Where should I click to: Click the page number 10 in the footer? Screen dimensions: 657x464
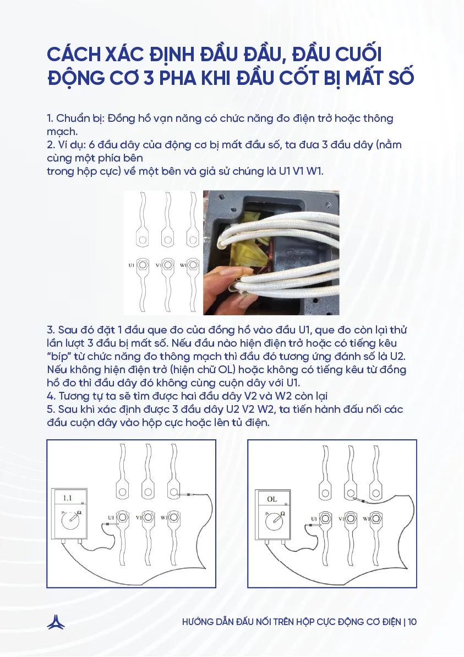tap(412, 622)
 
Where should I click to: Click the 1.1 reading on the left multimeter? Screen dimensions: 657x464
tap(67, 498)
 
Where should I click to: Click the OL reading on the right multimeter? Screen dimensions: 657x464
tap(272, 499)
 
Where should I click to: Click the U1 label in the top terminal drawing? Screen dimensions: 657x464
tap(131, 265)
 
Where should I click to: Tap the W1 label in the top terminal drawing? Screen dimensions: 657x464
tap(182, 265)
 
